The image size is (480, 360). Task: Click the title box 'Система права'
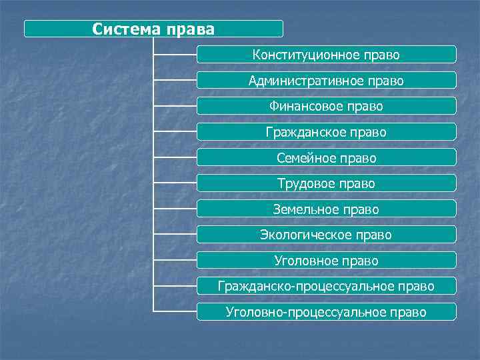(x=153, y=29)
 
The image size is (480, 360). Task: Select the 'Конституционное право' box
(x=326, y=55)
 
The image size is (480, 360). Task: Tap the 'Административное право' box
(x=326, y=81)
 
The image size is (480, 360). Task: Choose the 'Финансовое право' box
(x=326, y=106)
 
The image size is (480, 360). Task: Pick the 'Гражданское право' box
(x=326, y=132)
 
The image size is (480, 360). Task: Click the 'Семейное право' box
(x=326, y=158)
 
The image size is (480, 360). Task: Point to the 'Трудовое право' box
(x=326, y=183)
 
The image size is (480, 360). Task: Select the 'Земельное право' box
(x=326, y=209)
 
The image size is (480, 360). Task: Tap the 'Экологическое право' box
(x=326, y=235)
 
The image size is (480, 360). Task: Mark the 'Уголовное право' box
(x=326, y=261)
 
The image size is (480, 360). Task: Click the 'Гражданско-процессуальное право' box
(x=326, y=286)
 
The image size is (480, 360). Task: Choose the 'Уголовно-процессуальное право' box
(x=326, y=312)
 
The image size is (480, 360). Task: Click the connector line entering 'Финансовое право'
(x=175, y=106)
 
